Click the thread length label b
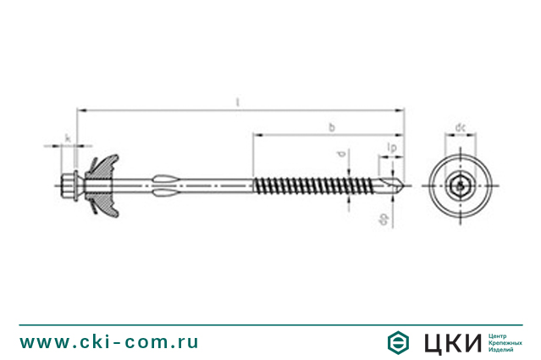click(x=331, y=127)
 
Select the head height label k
click(x=67, y=137)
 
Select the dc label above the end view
click(x=460, y=127)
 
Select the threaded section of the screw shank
click(x=305, y=184)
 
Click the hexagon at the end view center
click(x=460, y=184)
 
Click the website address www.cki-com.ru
click(x=109, y=341)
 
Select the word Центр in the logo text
click(x=500, y=334)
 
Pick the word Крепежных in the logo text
click(x=505, y=341)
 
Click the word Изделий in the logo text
click(x=503, y=349)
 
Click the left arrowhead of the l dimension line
click(x=80, y=109)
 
